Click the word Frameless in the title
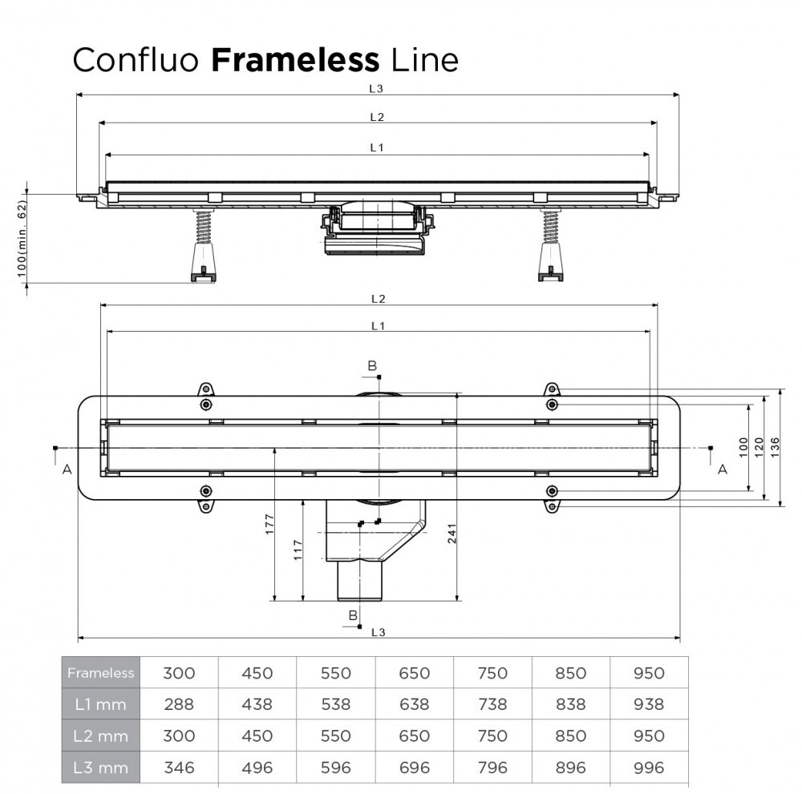[294, 59]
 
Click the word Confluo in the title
[136, 59]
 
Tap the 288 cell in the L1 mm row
[179, 704]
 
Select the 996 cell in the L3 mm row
[650, 768]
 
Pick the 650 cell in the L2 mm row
[415, 736]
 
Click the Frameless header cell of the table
[101, 673]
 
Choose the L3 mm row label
[101, 768]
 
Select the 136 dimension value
[774, 447]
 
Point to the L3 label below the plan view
[379, 632]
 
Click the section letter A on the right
[722, 469]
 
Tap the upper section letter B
[372, 366]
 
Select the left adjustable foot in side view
[202, 248]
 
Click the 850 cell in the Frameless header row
[571, 673]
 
